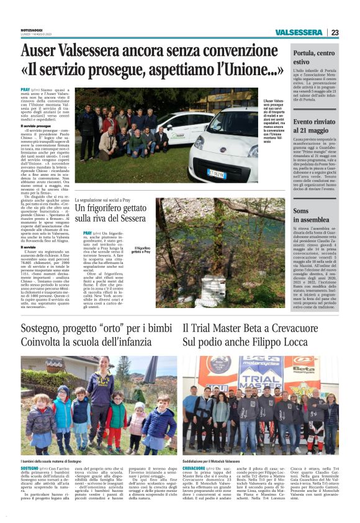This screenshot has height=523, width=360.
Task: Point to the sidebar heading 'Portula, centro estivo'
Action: [x=313, y=58]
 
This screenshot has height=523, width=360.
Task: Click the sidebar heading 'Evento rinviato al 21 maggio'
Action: [x=315, y=125]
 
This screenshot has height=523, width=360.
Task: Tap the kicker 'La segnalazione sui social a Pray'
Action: [x=112, y=201]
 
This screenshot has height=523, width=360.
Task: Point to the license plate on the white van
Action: [x=217, y=174]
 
